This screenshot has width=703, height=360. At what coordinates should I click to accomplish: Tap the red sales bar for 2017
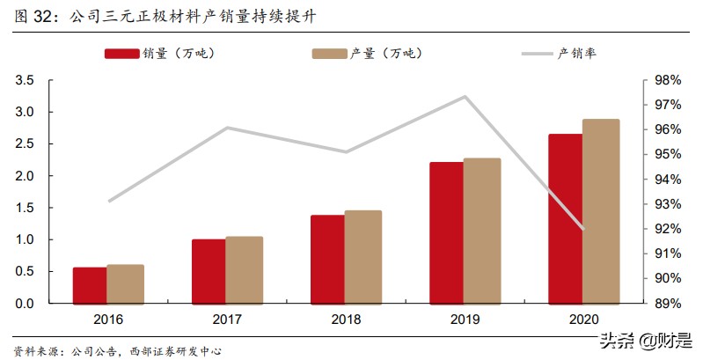(209, 271)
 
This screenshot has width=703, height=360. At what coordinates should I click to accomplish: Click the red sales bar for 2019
(446, 232)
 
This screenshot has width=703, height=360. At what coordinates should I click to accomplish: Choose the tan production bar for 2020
(601, 211)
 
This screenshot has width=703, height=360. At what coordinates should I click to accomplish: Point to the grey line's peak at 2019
(465, 97)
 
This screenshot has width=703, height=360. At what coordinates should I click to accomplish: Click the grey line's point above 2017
(227, 128)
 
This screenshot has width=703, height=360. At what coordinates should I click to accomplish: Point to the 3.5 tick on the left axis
(25, 80)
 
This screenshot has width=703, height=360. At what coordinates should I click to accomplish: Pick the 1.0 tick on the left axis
(25, 239)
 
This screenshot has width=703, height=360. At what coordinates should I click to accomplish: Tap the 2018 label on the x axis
(347, 319)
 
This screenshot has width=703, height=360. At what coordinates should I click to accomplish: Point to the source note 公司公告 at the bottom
(89, 351)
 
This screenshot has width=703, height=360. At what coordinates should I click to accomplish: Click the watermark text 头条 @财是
(646, 338)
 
